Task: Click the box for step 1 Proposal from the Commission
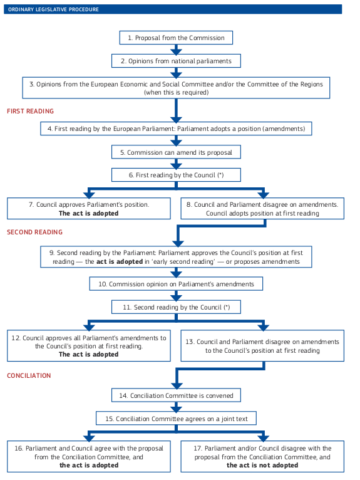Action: (176, 38)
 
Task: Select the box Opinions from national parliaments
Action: (176, 61)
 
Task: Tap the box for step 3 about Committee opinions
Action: (176, 88)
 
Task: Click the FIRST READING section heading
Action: (31, 111)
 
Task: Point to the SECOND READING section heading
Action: (35, 232)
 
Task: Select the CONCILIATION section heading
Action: (29, 375)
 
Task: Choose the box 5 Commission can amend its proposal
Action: (176, 152)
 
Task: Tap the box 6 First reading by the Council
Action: (176, 175)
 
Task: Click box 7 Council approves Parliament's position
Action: (88, 209)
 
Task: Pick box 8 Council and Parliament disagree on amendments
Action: (262, 209)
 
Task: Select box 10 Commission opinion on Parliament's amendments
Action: (176, 284)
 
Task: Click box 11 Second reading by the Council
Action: (176, 307)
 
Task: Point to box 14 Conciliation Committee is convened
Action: (176, 395)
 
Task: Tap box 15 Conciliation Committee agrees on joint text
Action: (176, 418)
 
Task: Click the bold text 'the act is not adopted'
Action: (262, 466)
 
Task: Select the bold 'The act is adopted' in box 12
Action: (88, 354)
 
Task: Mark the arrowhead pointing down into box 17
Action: (262, 437)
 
